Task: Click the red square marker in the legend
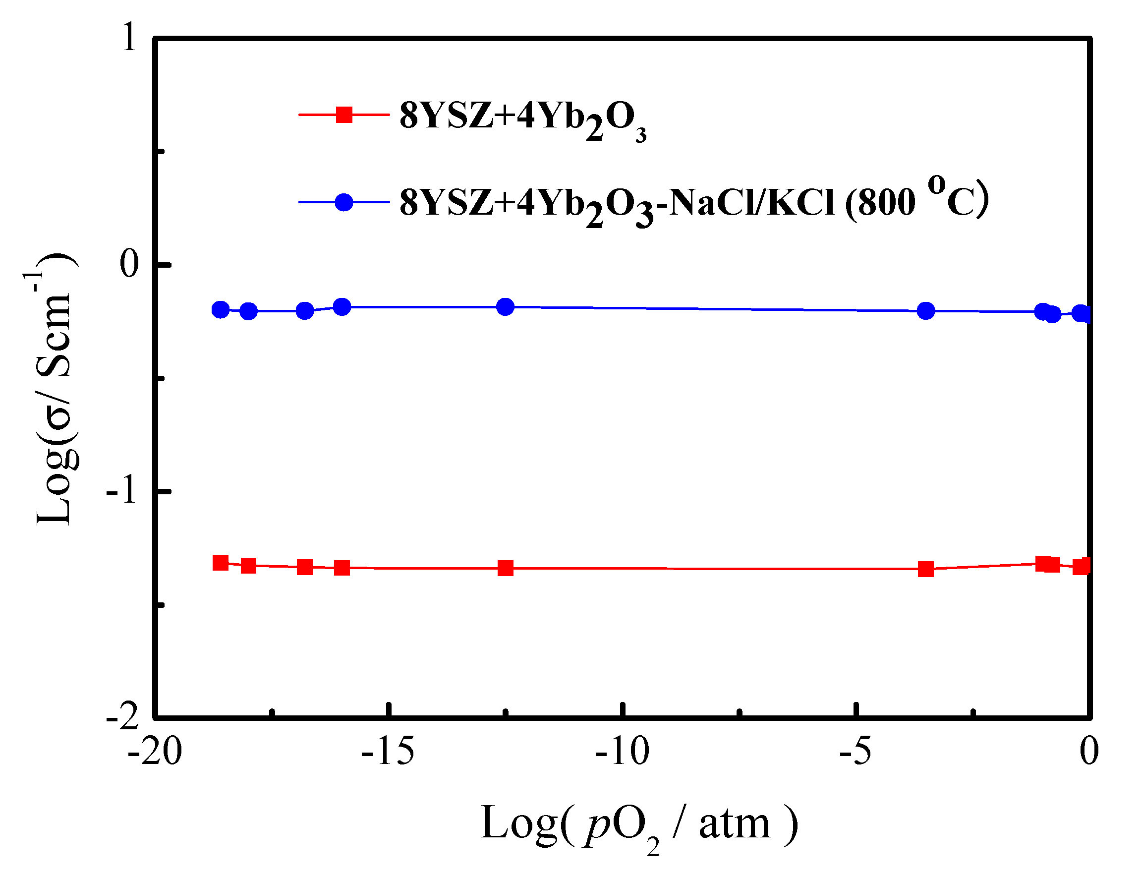tap(344, 115)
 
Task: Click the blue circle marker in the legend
tap(344, 202)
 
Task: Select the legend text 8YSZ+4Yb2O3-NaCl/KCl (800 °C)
tap(694, 203)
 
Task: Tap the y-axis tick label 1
tap(129, 38)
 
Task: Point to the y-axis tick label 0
tap(129, 264)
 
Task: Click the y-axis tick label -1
tap(122, 491)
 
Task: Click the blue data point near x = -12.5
tap(505, 307)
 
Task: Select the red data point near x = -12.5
tap(505, 568)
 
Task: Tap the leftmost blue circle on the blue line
tap(221, 310)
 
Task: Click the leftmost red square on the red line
tap(221, 563)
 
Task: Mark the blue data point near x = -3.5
tap(926, 311)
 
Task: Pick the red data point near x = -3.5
tap(926, 569)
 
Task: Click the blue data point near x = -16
tap(342, 307)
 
